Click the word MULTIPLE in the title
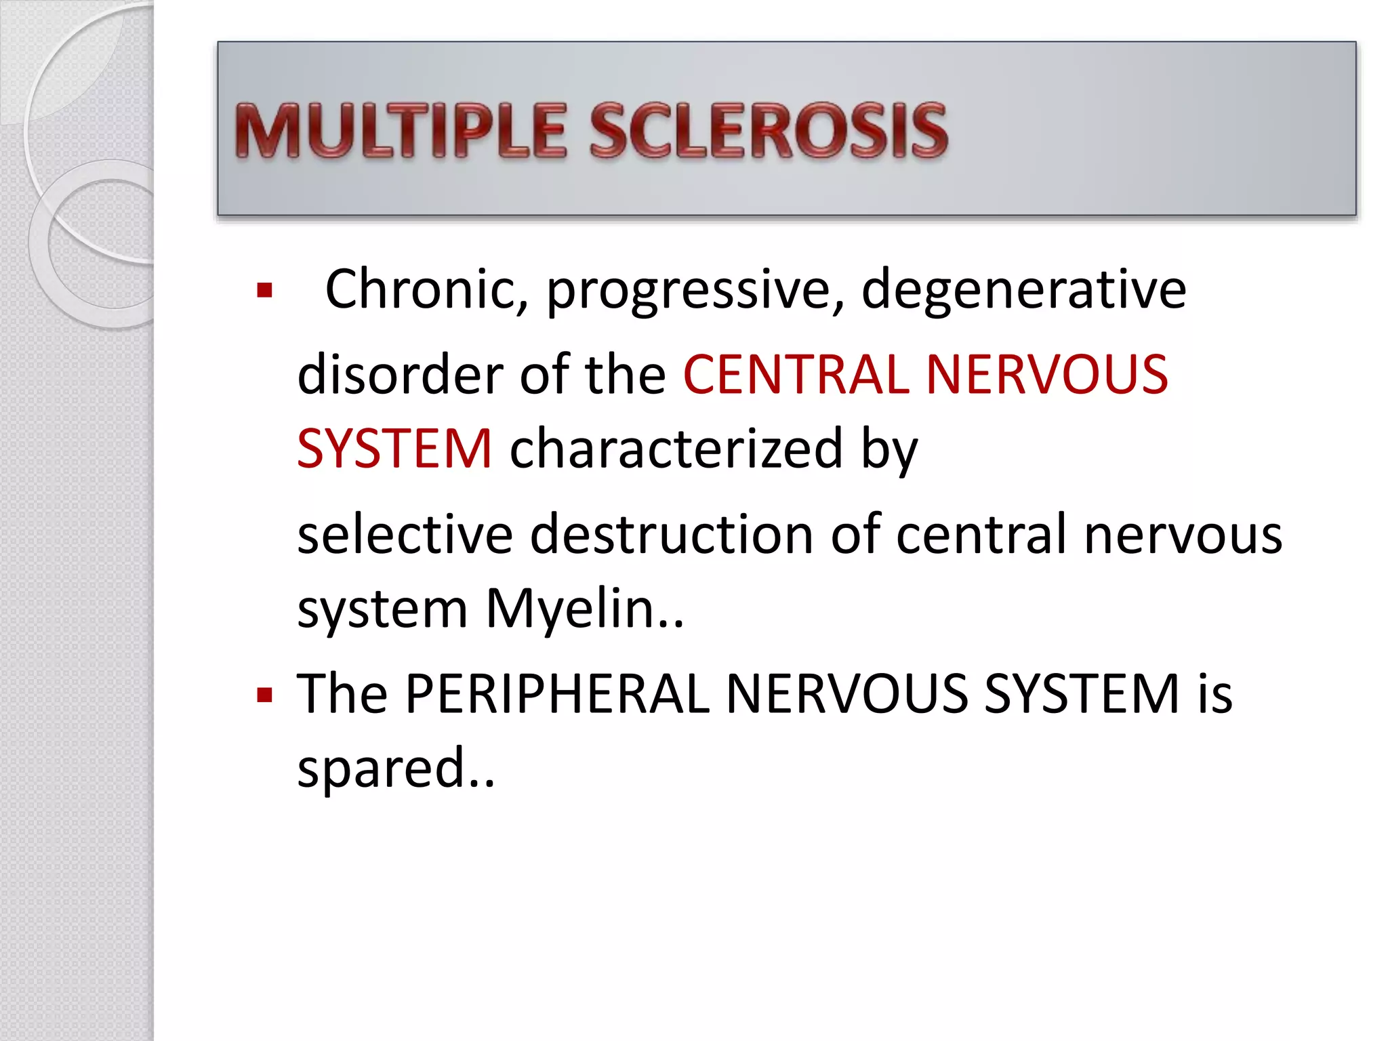(x=400, y=131)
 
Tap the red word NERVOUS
(x=1046, y=374)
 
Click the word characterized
(x=676, y=449)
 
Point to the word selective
(x=405, y=535)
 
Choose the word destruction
(x=672, y=535)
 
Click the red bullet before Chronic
(x=265, y=291)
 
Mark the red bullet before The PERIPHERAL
(x=265, y=695)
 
